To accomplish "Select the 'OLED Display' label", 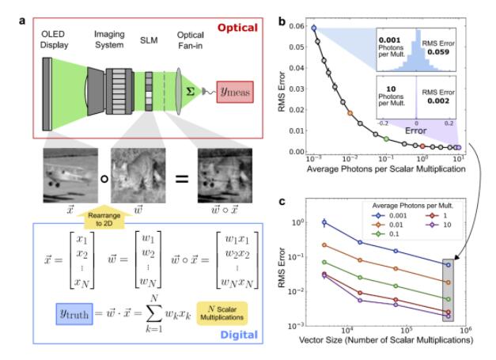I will (x=54, y=37).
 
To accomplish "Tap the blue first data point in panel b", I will (x=314, y=28).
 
